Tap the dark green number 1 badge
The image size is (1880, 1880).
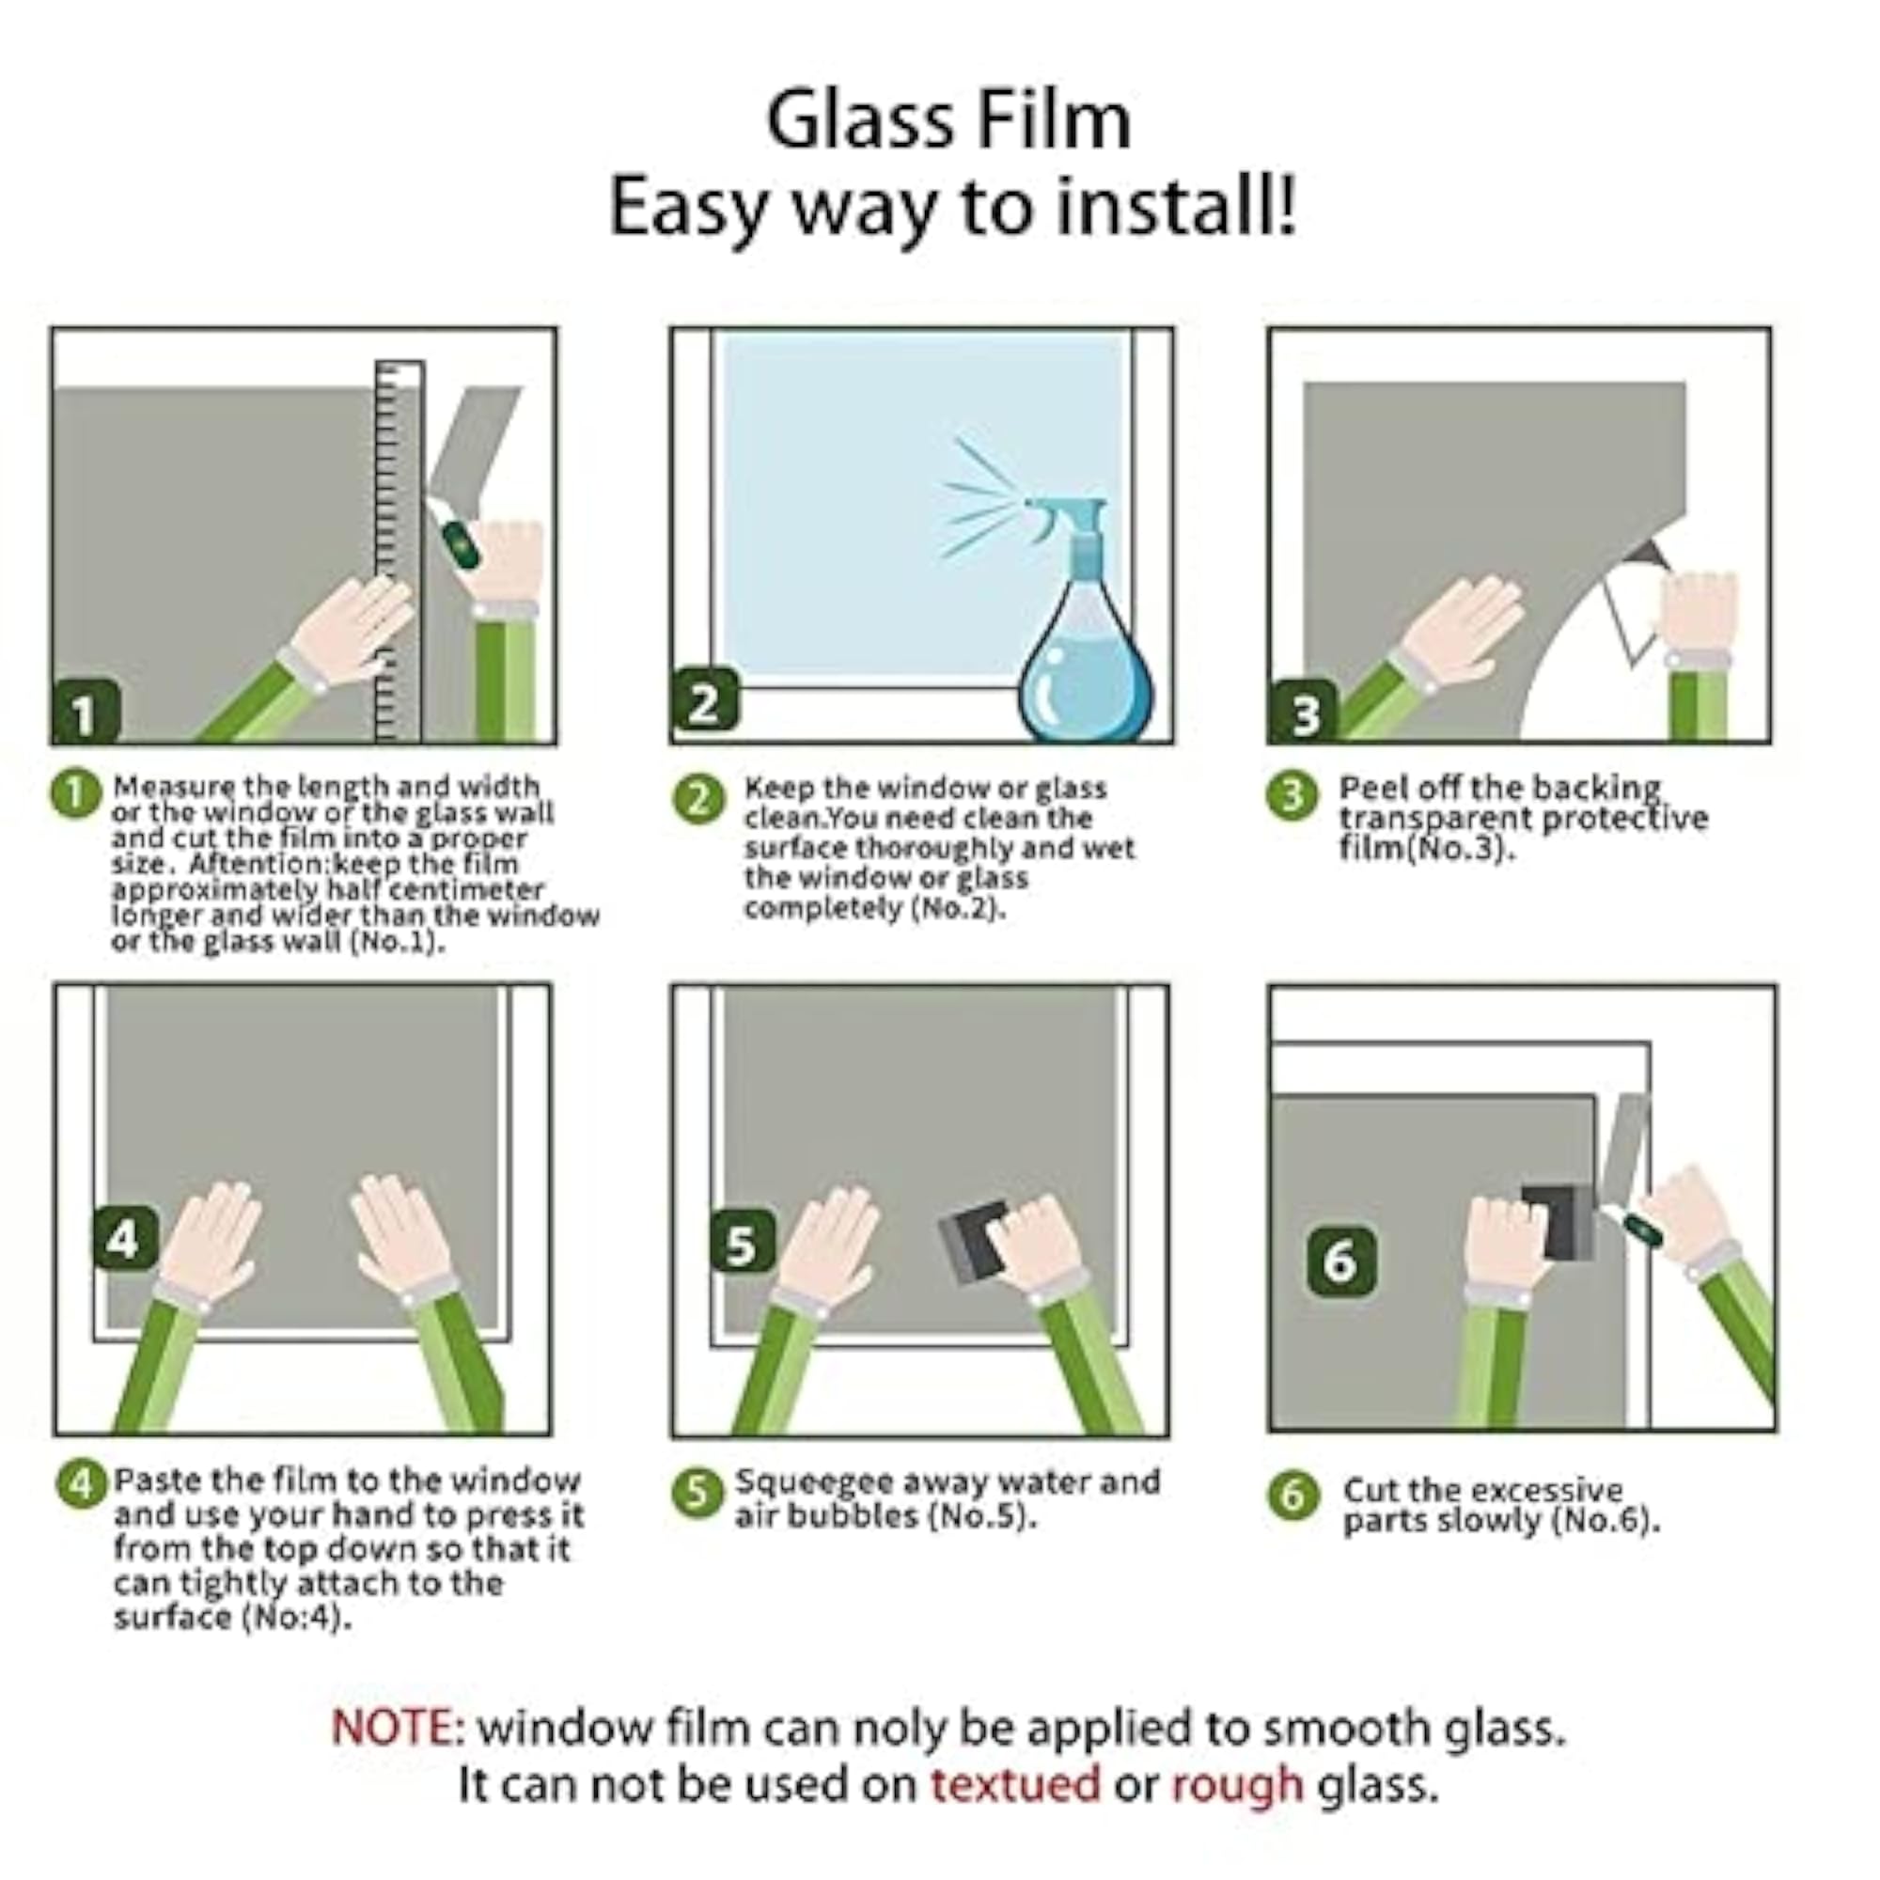point(86,713)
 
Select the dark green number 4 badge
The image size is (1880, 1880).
point(126,1239)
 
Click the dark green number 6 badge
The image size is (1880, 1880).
point(1341,1261)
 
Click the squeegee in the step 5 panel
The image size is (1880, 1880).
point(976,1240)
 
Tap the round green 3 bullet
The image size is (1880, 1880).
point(1292,796)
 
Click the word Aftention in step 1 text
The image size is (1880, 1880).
point(255,864)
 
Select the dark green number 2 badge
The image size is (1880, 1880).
point(704,701)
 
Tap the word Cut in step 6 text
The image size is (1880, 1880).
point(1370,1490)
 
